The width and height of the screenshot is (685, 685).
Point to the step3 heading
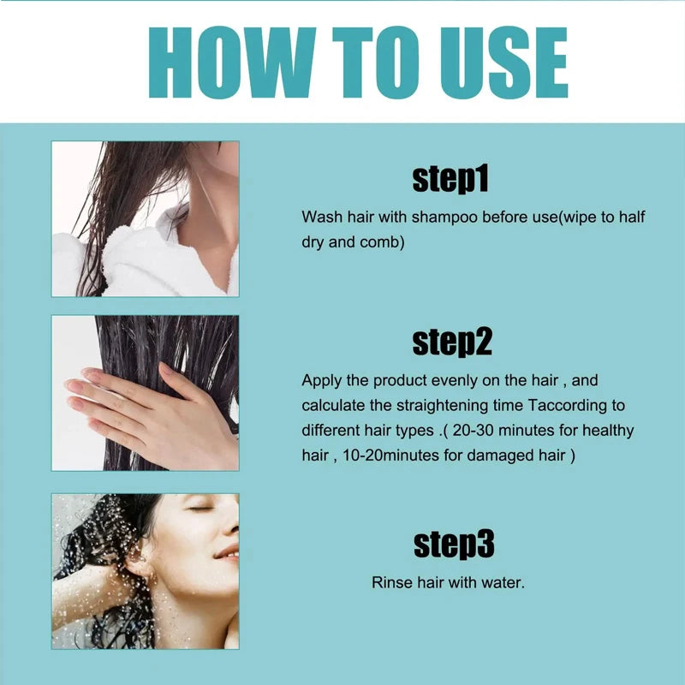click(454, 544)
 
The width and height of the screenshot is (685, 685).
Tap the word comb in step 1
click(379, 242)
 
